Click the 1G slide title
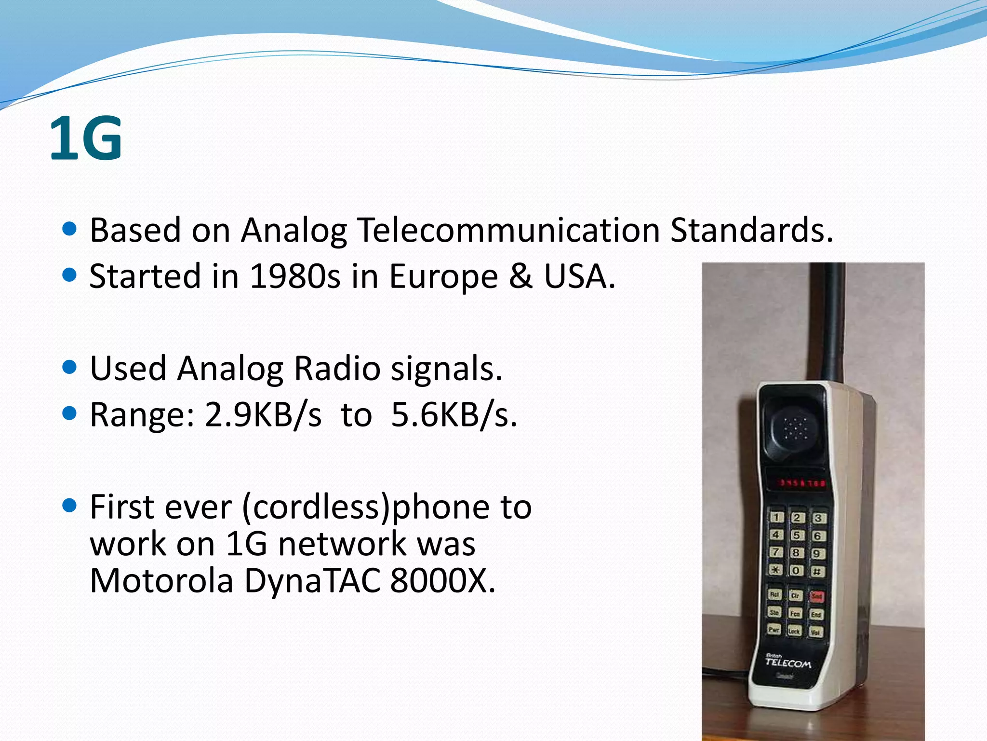point(86,139)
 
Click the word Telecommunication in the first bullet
point(508,230)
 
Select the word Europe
point(443,277)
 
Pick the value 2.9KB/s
point(263,415)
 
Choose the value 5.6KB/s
point(453,415)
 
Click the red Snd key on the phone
point(816,596)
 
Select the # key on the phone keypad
point(817,572)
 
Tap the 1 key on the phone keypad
point(776,517)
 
